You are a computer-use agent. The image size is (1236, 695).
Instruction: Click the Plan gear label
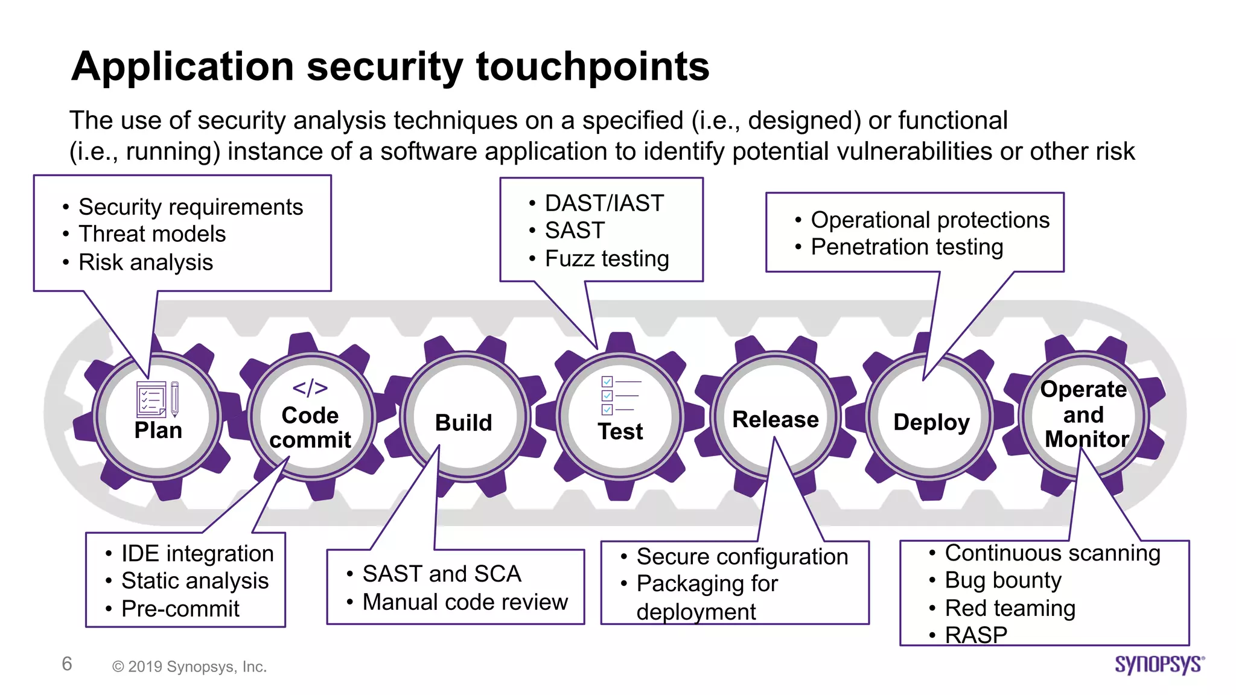pyautogui.click(x=158, y=431)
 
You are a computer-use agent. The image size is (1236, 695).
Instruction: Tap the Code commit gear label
pyautogui.click(x=310, y=428)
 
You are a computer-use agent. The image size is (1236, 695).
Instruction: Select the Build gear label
pyautogui.click(x=463, y=423)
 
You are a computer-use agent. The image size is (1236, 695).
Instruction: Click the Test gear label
pyautogui.click(x=620, y=432)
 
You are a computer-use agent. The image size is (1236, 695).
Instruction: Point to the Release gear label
pyautogui.click(x=776, y=419)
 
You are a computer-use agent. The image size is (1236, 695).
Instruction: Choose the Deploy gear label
pyautogui.click(x=931, y=422)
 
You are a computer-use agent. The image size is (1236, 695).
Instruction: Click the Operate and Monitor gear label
pyautogui.click(x=1085, y=414)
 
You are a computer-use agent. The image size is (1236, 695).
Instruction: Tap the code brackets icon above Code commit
pyautogui.click(x=310, y=388)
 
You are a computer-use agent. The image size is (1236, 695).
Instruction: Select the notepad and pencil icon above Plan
pyautogui.click(x=158, y=399)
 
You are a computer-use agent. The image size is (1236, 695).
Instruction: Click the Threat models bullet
pyautogui.click(x=152, y=234)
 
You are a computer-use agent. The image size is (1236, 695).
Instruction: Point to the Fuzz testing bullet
pyautogui.click(x=607, y=259)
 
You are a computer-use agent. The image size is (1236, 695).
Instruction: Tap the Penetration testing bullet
pyautogui.click(x=906, y=247)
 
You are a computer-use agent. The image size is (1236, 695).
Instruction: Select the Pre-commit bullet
pyautogui.click(x=180, y=609)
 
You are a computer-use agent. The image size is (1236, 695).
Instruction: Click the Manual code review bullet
pyautogui.click(x=465, y=602)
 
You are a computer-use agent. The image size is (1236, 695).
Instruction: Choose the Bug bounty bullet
pyautogui.click(x=1002, y=580)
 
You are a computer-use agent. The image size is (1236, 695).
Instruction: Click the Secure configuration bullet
pyautogui.click(x=742, y=557)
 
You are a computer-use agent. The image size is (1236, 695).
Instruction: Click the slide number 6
pyautogui.click(x=67, y=664)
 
